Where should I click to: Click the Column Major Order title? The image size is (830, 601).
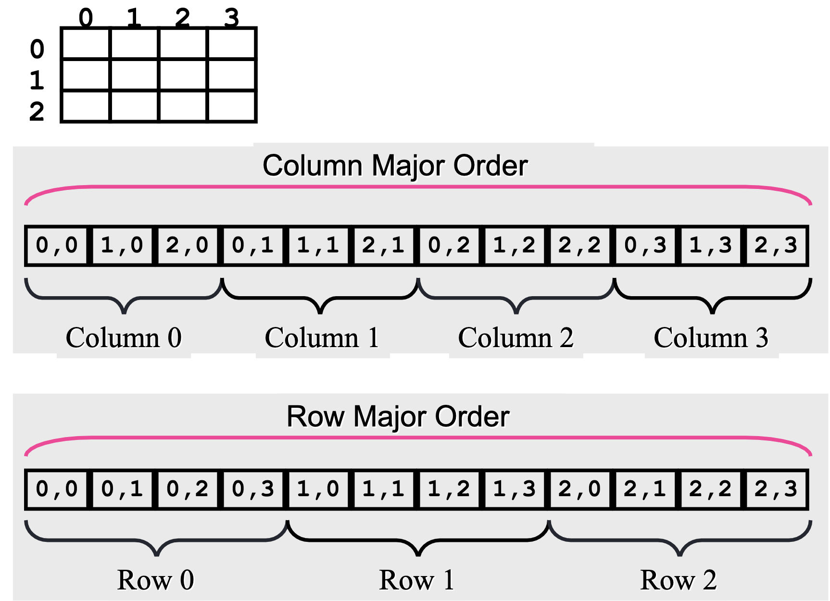tap(395, 166)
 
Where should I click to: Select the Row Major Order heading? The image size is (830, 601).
tap(398, 416)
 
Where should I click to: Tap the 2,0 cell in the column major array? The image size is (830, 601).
tap(187, 245)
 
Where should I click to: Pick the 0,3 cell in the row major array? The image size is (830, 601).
tap(252, 489)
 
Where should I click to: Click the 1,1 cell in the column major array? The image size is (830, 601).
tap(318, 245)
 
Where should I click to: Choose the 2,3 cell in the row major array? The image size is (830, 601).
tap(776, 489)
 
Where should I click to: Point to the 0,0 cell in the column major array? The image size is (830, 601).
tap(57, 245)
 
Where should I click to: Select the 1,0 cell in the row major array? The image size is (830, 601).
tap(318, 489)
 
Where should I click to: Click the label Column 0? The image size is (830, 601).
tap(124, 338)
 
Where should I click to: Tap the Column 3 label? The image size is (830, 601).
tap(711, 338)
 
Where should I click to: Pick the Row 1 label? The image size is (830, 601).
tap(416, 580)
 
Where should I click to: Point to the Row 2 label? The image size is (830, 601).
tap(679, 580)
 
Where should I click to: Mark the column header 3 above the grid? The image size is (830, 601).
tap(231, 18)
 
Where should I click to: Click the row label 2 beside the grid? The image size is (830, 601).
tap(37, 112)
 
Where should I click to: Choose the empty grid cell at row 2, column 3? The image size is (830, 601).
tap(231, 106)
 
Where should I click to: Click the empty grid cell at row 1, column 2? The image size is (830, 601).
tap(183, 75)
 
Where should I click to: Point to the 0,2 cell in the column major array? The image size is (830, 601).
tap(449, 245)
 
